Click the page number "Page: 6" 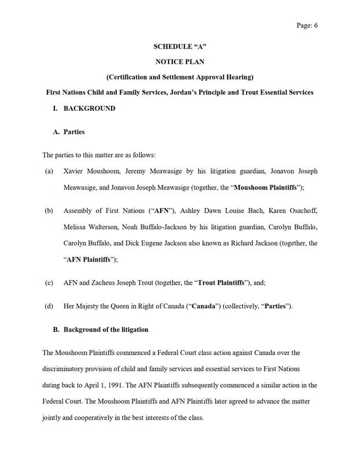tap(307, 25)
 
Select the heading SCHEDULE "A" tap(180, 46)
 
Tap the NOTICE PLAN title tap(180, 61)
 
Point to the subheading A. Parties tap(69, 132)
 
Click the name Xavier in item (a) tap(76, 172)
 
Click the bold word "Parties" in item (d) tap(277, 306)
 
